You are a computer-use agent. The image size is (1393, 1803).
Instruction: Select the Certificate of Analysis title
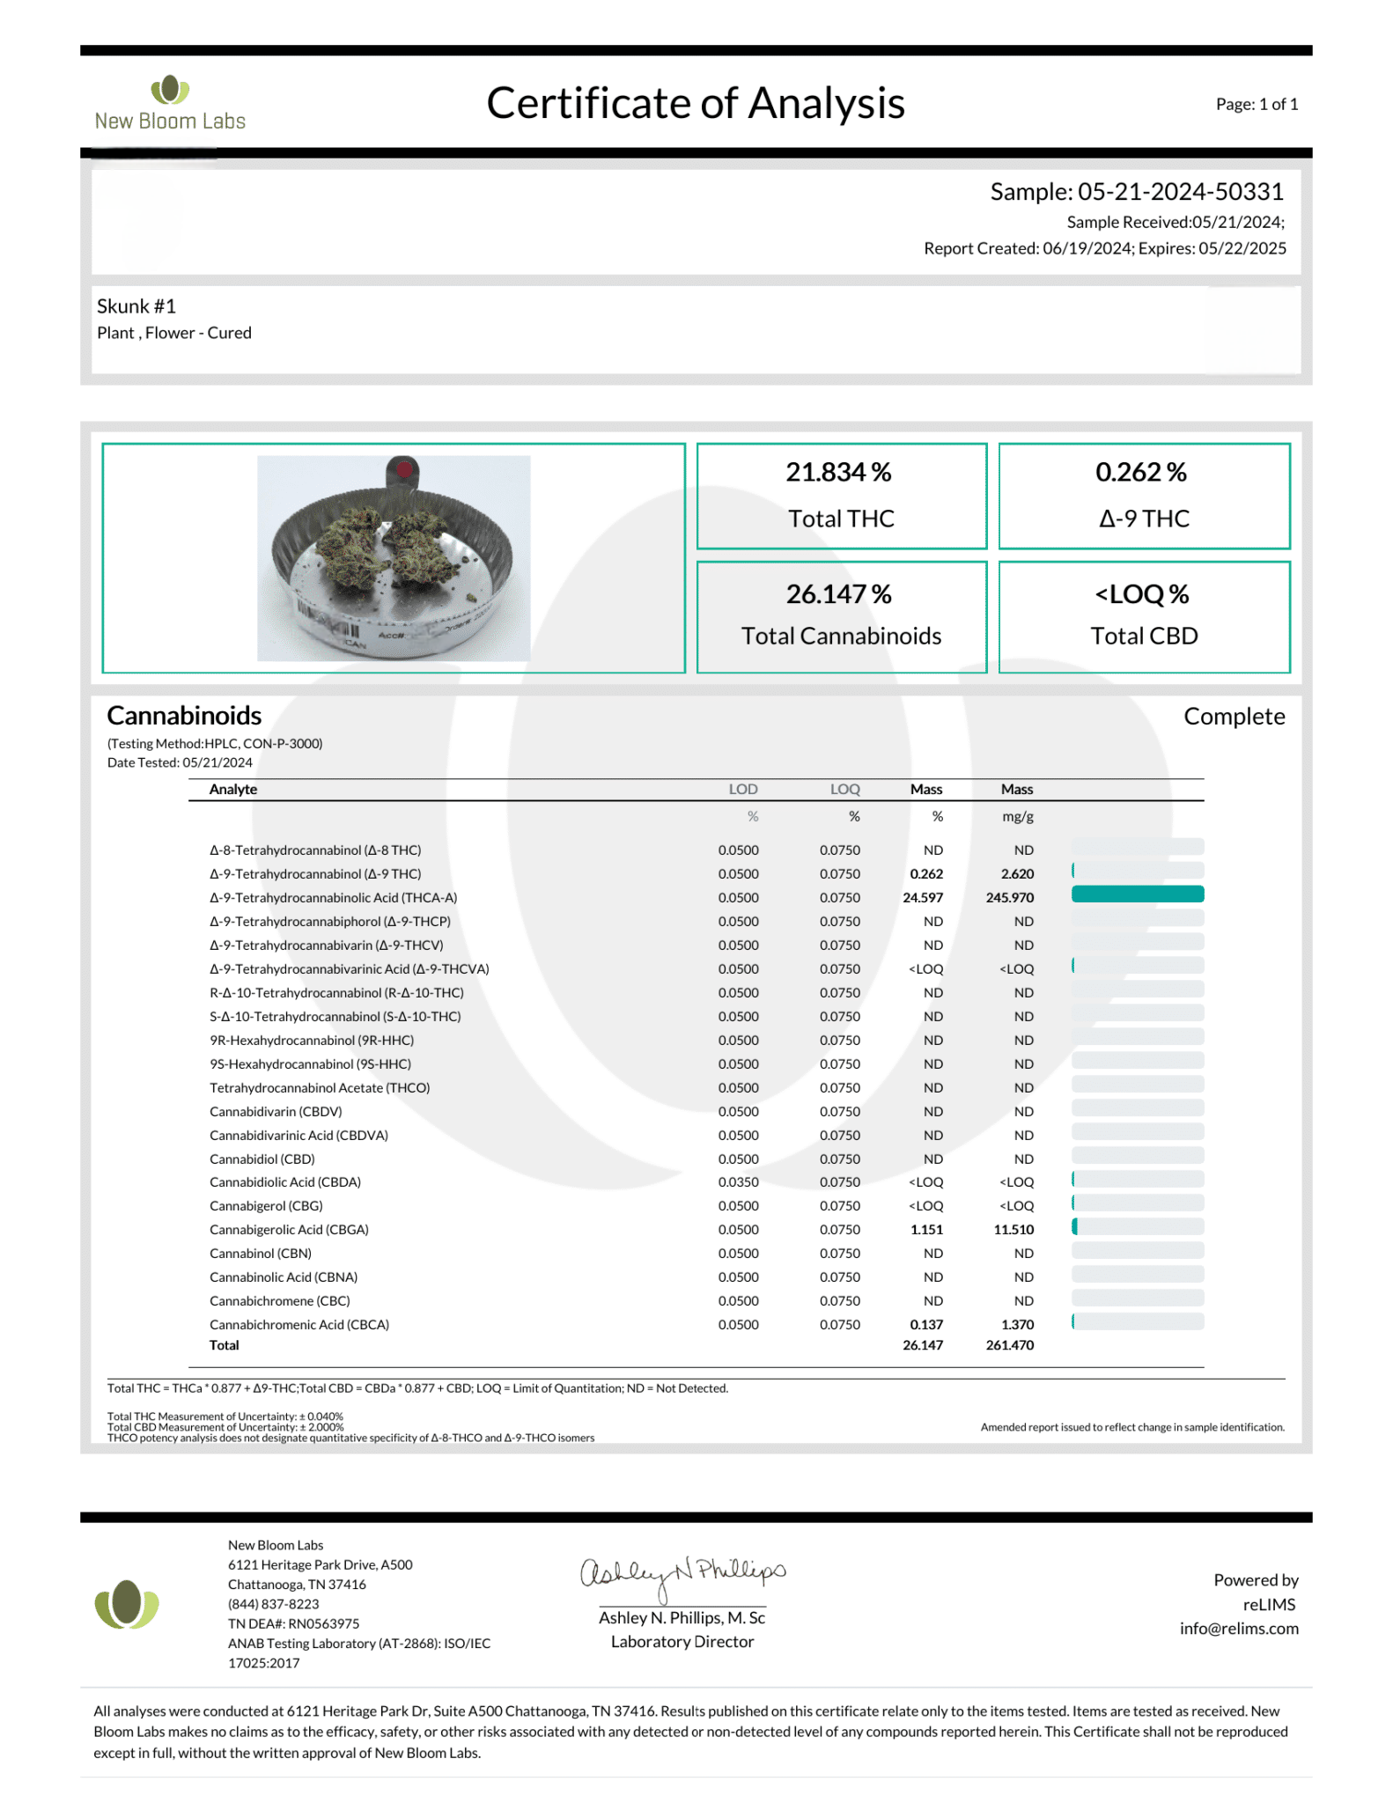pos(695,104)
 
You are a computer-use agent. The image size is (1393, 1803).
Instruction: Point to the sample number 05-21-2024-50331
pos(1180,192)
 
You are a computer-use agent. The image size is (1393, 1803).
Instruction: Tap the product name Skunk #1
pos(136,306)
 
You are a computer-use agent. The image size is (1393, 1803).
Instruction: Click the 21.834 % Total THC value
pos(838,473)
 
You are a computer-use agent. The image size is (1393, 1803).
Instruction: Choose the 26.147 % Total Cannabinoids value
pos(838,594)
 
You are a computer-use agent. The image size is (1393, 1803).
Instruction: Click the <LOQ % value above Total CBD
pos(1142,594)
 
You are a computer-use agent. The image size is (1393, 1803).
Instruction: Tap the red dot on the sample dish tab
pos(404,469)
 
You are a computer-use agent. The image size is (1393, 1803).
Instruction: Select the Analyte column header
pos(233,790)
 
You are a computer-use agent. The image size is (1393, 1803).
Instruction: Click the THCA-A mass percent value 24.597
pos(923,898)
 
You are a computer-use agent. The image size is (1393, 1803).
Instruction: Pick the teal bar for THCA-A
pos(1137,894)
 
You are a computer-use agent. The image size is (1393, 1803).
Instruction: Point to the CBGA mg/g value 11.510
pos(1013,1230)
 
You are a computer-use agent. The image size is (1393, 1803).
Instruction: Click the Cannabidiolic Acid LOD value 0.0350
pos(738,1182)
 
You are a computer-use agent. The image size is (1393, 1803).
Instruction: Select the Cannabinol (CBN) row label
pos(261,1254)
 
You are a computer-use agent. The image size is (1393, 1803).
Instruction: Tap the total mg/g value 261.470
pos(1010,1345)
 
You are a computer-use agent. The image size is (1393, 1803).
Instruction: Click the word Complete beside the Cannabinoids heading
pos(1234,717)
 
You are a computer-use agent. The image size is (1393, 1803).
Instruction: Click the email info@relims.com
pos(1239,1629)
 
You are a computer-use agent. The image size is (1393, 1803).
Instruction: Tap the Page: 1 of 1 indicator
pos(1257,105)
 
